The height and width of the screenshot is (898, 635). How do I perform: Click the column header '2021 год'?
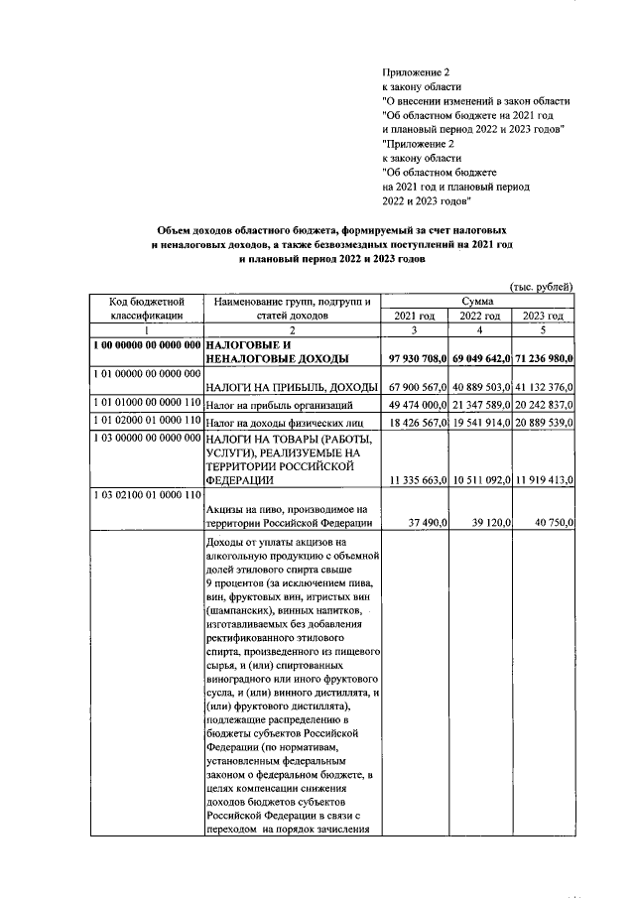[416, 316]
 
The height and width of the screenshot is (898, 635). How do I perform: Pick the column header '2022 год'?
[479, 316]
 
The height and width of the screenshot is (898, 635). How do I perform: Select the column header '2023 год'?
[543, 316]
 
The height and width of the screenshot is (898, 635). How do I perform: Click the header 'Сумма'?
[479, 301]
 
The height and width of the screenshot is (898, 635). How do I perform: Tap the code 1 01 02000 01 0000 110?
[144, 422]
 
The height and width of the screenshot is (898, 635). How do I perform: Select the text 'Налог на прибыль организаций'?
[278, 405]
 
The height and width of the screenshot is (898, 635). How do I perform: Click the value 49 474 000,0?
[418, 405]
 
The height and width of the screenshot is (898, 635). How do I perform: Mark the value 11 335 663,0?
[418, 481]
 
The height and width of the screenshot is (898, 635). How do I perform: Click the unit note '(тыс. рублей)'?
[541, 286]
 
